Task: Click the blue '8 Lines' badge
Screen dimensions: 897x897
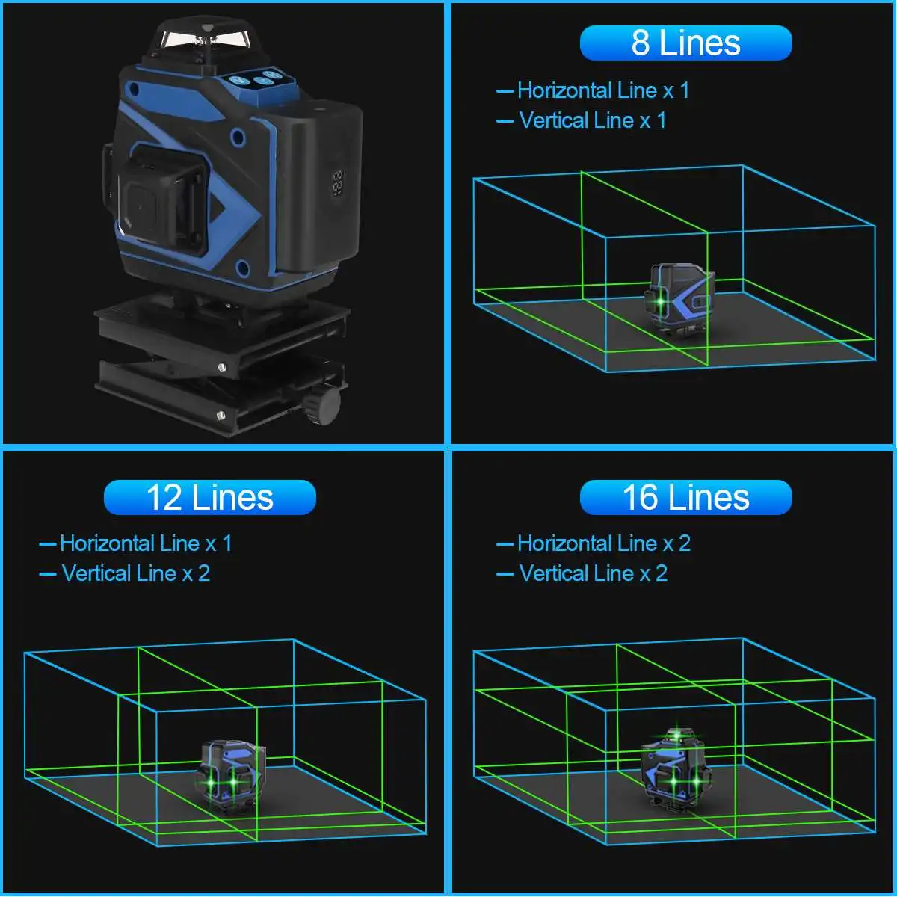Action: pos(685,43)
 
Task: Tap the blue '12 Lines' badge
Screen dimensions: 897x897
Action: pos(210,497)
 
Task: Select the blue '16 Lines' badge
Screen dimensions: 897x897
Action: pos(685,497)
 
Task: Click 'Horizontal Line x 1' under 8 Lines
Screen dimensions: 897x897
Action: pos(602,90)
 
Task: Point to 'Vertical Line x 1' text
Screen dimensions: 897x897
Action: pos(593,120)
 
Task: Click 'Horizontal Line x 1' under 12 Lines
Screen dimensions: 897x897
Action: pos(146,543)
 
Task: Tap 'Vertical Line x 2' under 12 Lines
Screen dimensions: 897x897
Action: pos(135,573)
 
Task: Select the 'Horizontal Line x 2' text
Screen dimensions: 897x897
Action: pos(604,543)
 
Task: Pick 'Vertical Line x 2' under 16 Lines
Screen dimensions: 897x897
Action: pos(593,573)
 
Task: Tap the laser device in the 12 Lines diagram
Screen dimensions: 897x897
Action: pos(230,775)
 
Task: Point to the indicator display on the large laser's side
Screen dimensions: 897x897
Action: pos(338,183)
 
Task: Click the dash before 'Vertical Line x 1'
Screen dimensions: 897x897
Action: pos(505,121)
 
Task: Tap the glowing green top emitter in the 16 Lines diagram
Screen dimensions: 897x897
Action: pos(676,736)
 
